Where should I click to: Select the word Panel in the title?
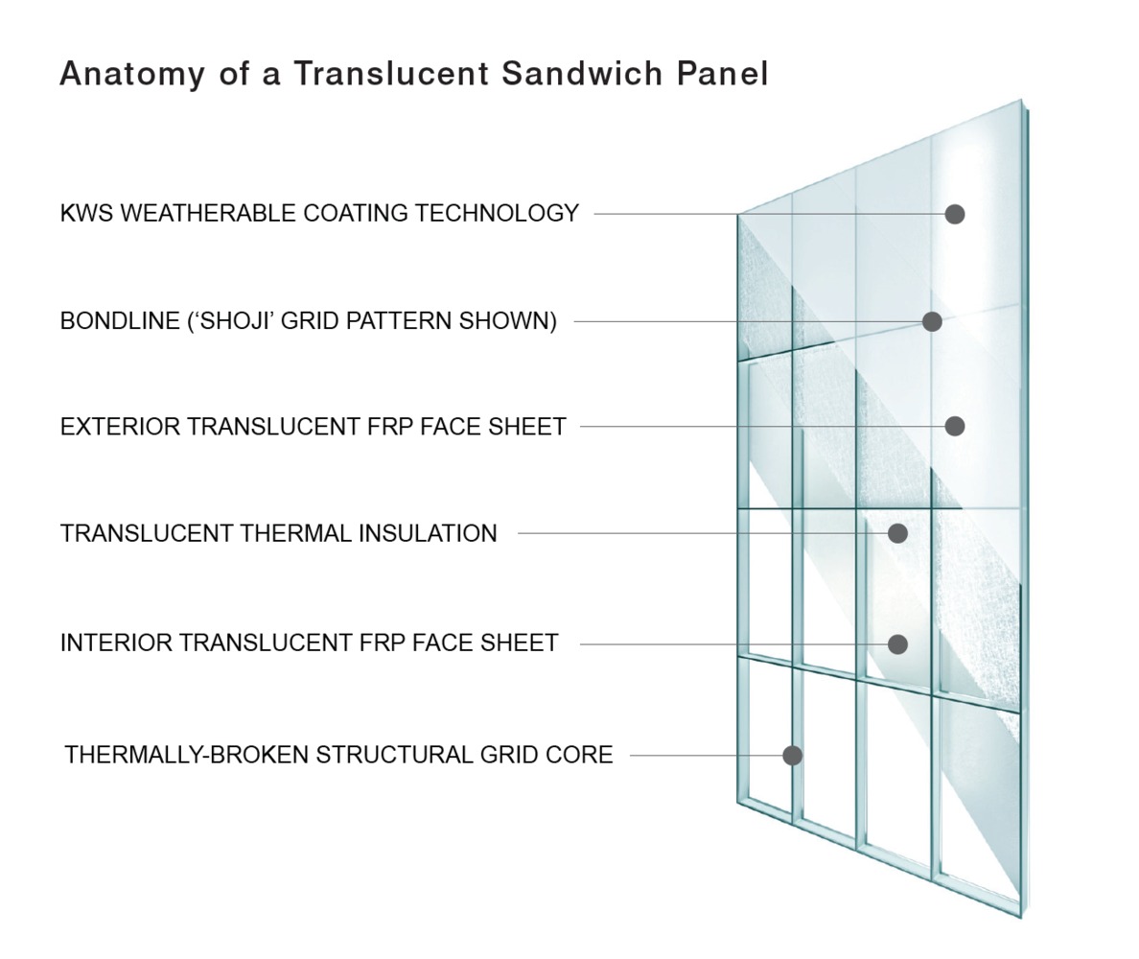(x=728, y=73)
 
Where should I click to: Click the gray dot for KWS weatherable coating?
(x=954, y=214)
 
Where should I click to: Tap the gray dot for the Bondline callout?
(x=932, y=321)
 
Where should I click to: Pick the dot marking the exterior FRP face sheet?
(x=954, y=426)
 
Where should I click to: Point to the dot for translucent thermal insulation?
(x=897, y=533)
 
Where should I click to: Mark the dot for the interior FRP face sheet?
(x=897, y=644)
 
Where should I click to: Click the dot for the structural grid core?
(x=792, y=756)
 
